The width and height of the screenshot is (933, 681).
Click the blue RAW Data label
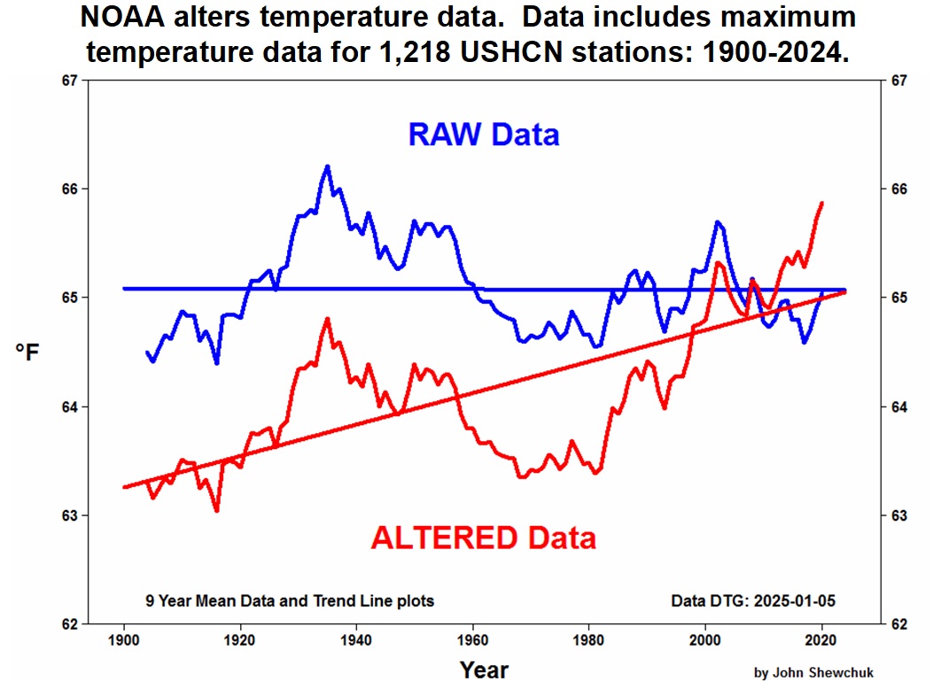[484, 135]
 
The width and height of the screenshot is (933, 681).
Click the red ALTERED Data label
[483, 538]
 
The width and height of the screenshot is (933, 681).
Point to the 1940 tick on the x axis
[356, 640]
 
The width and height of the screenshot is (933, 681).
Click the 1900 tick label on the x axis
[124, 640]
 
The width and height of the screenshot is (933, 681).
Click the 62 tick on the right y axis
[897, 623]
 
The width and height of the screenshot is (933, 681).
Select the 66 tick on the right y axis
[897, 190]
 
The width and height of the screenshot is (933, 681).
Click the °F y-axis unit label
[27, 352]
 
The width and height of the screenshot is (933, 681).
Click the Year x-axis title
[484, 668]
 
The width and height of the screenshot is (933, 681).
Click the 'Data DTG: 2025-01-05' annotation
[753, 601]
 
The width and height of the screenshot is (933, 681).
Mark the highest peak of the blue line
[327, 166]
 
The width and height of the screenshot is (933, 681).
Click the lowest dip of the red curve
[216, 510]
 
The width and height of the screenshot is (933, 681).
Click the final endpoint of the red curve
[822, 203]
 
